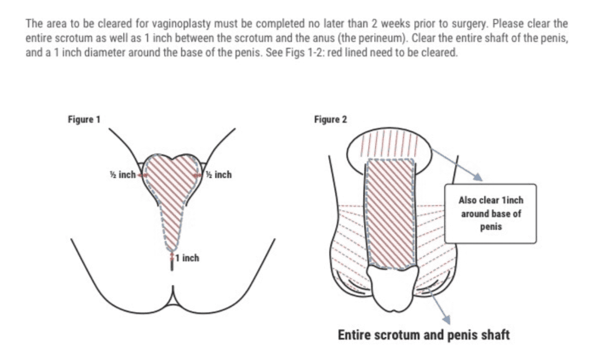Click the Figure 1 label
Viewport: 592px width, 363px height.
[84, 120]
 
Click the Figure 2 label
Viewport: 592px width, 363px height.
[331, 120]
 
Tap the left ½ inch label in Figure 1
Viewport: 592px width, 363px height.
[122, 174]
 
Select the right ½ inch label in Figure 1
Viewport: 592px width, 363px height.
[218, 174]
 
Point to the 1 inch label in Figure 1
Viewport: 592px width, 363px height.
[187, 258]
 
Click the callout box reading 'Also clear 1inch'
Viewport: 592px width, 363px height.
[491, 214]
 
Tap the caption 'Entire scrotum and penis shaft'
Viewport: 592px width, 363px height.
[424, 335]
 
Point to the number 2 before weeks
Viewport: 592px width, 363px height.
[374, 24]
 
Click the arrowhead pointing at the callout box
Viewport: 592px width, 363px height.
[478, 177]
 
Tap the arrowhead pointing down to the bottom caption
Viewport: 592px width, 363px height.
[446, 320]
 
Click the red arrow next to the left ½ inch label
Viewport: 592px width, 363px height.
[142, 175]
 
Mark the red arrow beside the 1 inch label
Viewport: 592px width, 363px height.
[172, 257]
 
